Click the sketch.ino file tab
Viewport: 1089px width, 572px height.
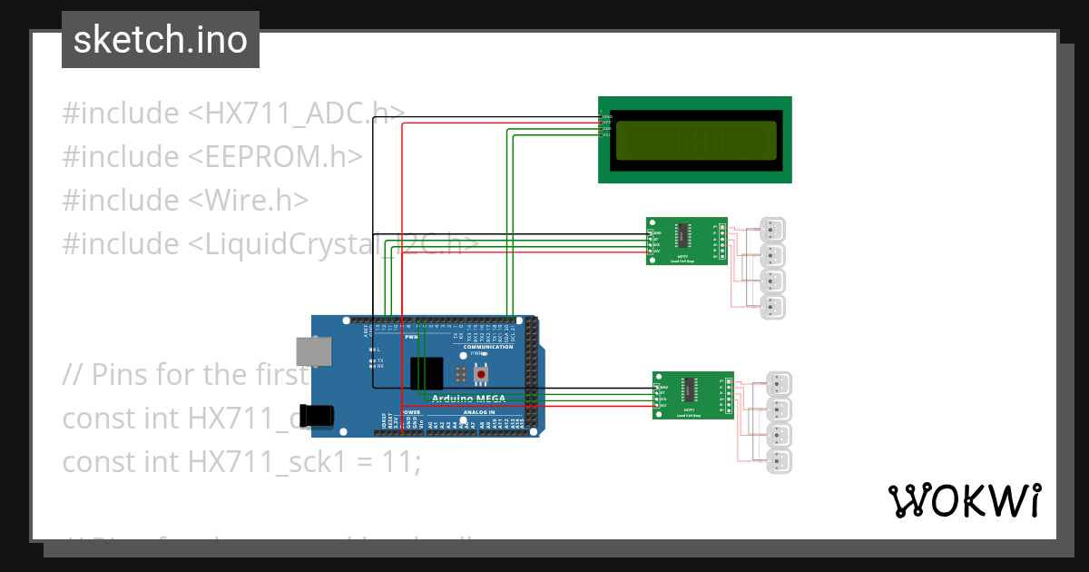(160, 40)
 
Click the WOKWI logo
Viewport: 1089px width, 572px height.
(964, 500)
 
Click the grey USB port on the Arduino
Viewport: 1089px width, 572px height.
(313, 352)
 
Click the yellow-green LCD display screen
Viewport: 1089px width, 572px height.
(695, 140)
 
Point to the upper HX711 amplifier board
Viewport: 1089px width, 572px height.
(686, 241)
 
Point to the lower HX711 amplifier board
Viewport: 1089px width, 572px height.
(693, 395)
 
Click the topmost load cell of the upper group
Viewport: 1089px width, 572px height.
(772, 230)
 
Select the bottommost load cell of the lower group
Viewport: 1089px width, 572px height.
(779, 460)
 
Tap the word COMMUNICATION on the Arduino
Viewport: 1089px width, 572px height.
(488, 347)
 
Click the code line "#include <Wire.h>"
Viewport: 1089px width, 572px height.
(185, 200)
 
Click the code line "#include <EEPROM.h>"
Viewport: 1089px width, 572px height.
(212, 156)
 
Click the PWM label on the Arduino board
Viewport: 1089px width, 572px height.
(411, 336)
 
